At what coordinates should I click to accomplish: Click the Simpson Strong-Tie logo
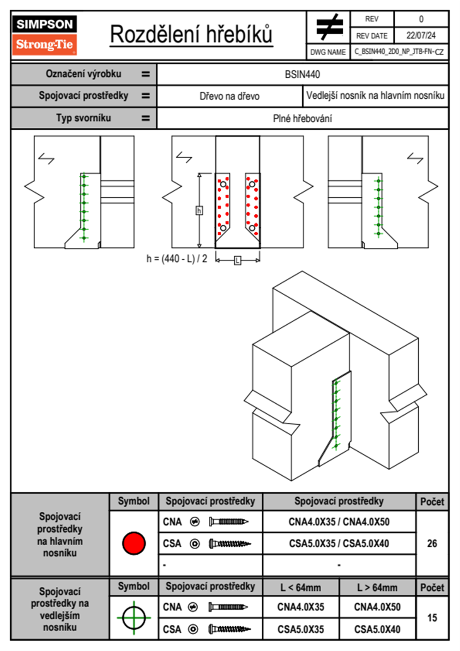click(x=44, y=35)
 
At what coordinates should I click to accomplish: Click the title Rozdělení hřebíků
click(x=191, y=34)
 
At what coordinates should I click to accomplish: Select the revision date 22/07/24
click(x=421, y=36)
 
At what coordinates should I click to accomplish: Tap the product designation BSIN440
click(x=302, y=74)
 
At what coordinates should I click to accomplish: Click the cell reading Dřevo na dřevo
click(x=229, y=96)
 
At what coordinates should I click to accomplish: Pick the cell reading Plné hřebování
click(x=302, y=118)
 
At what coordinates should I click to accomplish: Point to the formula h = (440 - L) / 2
click(x=177, y=259)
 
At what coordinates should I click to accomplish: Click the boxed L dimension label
click(x=237, y=260)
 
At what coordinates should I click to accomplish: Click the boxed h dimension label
click(x=199, y=211)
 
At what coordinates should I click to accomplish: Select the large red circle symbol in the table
click(x=134, y=543)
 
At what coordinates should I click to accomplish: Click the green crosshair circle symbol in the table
click(x=134, y=618)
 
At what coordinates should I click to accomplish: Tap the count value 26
click(x=432, y=543)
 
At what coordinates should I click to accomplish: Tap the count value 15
click(x=432, y=618)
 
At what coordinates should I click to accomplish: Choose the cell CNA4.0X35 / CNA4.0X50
click(x=339, y=522)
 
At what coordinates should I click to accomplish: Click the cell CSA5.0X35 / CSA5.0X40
click(x=339, y=543)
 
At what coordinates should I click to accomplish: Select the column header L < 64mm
click(x=301, y=588)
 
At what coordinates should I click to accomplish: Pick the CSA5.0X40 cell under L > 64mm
click(x=377, y=629)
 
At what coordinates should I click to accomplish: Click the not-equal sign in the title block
click(x=329, y=27)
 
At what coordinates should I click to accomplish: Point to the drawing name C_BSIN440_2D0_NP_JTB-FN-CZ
click(x=399, y=51)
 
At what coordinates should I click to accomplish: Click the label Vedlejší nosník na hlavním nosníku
click(x=375, y=96)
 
